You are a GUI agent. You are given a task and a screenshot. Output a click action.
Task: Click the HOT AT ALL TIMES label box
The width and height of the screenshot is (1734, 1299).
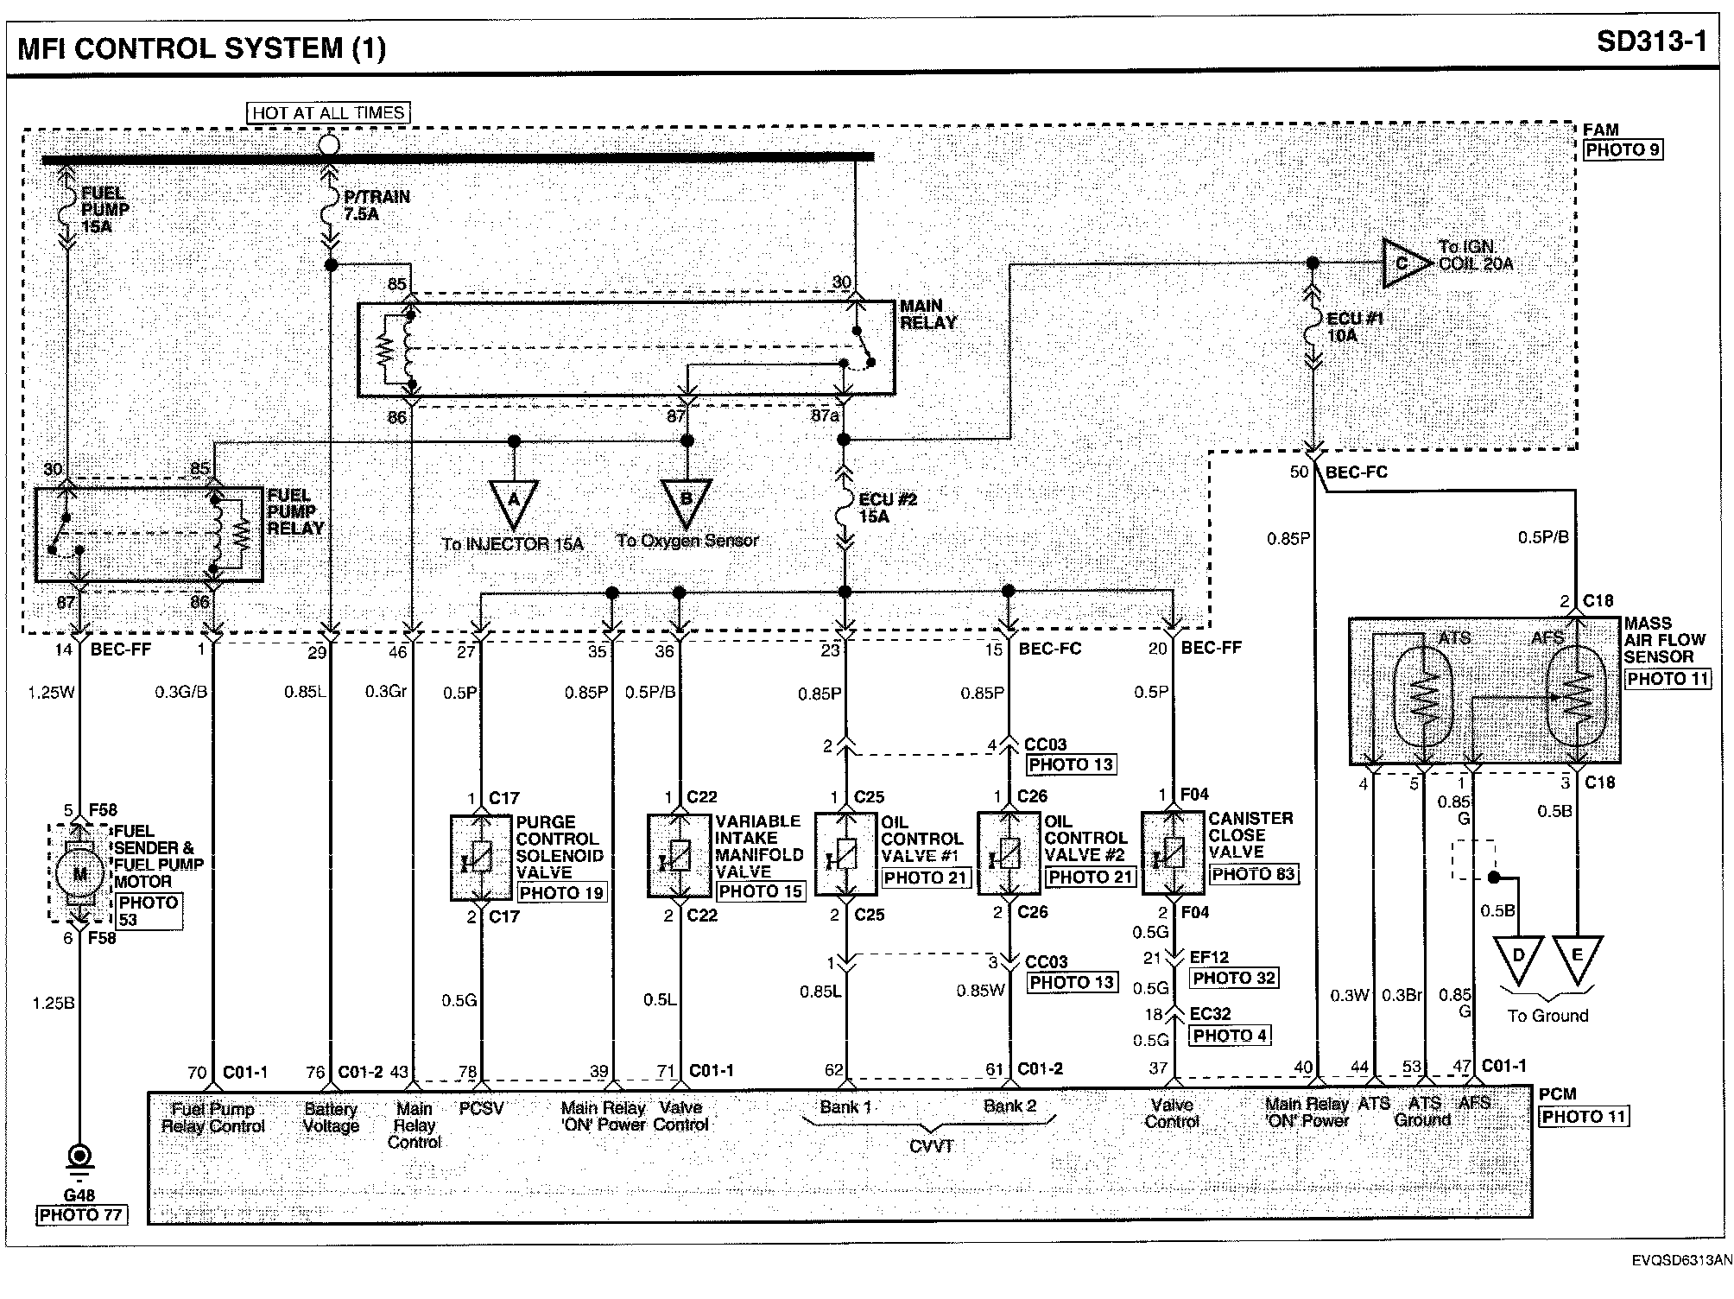[x=328, y=113]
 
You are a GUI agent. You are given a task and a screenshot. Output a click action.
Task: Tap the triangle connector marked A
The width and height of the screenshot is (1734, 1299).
[x=514, y=501]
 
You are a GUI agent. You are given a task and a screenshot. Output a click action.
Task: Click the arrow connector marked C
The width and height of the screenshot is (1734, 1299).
[x=1405, y=263]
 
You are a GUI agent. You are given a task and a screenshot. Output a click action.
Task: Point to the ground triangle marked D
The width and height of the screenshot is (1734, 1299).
[x=1519, y=956]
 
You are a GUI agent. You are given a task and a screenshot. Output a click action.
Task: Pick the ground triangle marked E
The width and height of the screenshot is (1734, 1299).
[x=1578, y=956]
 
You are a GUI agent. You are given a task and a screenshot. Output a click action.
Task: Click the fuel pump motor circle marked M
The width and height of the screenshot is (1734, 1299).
[x=80, y=873]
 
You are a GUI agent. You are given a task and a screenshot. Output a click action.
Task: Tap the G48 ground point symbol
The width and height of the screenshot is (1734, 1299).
[x=80, y=1157]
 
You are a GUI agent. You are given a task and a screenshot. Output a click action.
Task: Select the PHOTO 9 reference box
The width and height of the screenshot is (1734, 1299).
[x=1623, y=149]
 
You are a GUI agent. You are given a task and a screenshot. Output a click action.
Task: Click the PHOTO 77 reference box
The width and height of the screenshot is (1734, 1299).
[x=81, y=1215]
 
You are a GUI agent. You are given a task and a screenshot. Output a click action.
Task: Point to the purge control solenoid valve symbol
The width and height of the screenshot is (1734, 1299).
[x=481, y=857]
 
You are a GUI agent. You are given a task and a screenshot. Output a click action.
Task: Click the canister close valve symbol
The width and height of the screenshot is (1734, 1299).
[x=1172, y=852]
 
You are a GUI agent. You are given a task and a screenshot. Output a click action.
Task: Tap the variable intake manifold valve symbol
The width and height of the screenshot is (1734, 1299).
[x=680, y=855]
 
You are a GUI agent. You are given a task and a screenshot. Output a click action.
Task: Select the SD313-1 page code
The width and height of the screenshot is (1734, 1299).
[x=1650, y=43]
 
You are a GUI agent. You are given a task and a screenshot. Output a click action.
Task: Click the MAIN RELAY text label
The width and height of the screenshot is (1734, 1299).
[x=927, y=314]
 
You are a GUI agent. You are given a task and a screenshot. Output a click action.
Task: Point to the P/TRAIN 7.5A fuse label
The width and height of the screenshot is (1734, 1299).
[x=376, y=206]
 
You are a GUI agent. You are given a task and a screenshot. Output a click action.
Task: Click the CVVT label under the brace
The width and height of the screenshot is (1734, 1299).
[x=931, y=1146]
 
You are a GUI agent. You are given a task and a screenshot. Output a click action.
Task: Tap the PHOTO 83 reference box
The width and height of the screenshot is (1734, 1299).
[x=1253, y=874]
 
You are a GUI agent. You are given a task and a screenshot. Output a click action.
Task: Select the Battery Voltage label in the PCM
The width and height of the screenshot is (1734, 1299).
[x=331, y=1117]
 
